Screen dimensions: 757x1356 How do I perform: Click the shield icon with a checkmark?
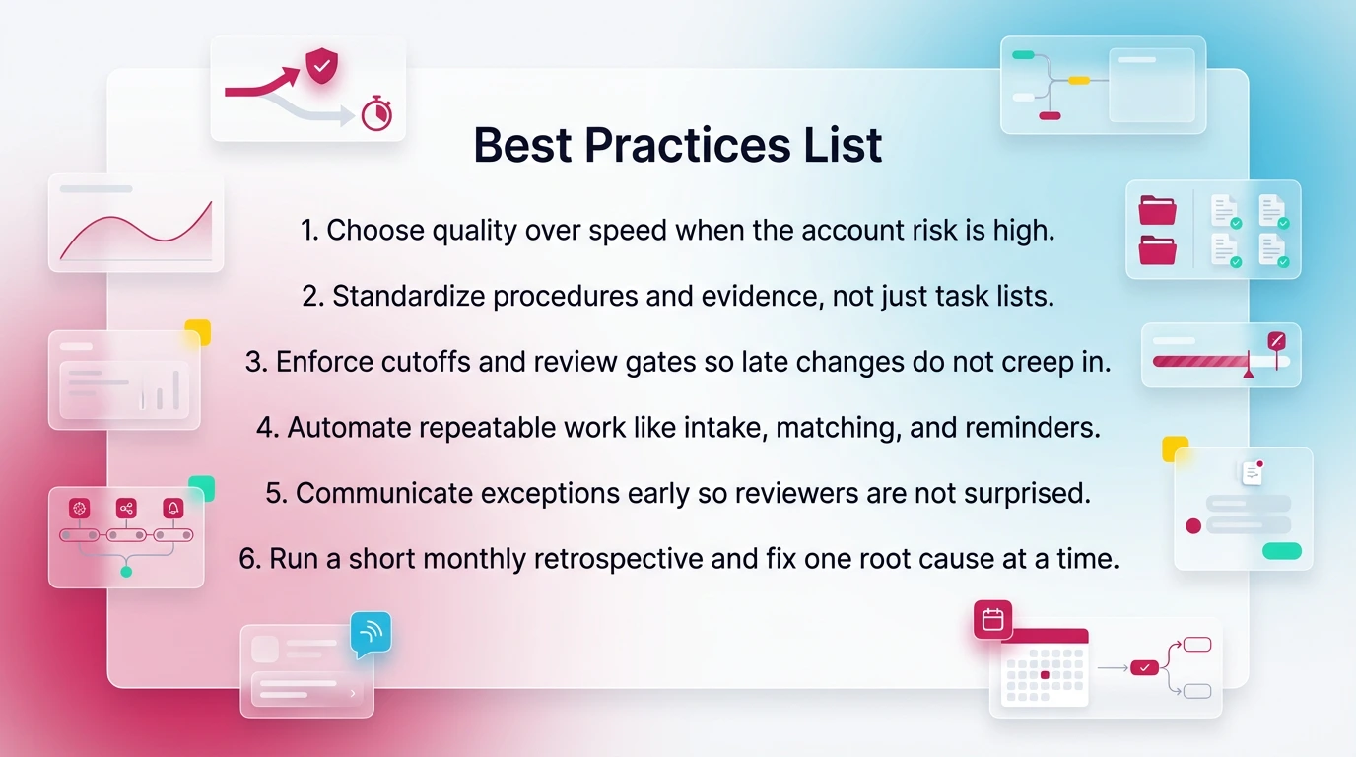[x=320, y=67]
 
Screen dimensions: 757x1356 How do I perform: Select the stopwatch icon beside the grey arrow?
[x=376, y=115]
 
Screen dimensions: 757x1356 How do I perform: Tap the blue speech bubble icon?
[x=371, y=634]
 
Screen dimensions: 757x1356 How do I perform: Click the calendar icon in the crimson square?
[x=992, y=620]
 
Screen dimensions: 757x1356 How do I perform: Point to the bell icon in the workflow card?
[x=173, y=509]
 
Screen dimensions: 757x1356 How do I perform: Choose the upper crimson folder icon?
[x=1157, y=210]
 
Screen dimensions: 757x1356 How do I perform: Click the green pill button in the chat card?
[x=1281, y=551]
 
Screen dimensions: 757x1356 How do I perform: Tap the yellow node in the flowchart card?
[x=1078, y=80]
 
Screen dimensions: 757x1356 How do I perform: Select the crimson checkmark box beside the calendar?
[x=1144, y=667]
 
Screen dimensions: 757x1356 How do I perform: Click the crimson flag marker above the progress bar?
[x=1277, y=341]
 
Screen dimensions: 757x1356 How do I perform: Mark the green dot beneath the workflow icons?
[x=125, y=572]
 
